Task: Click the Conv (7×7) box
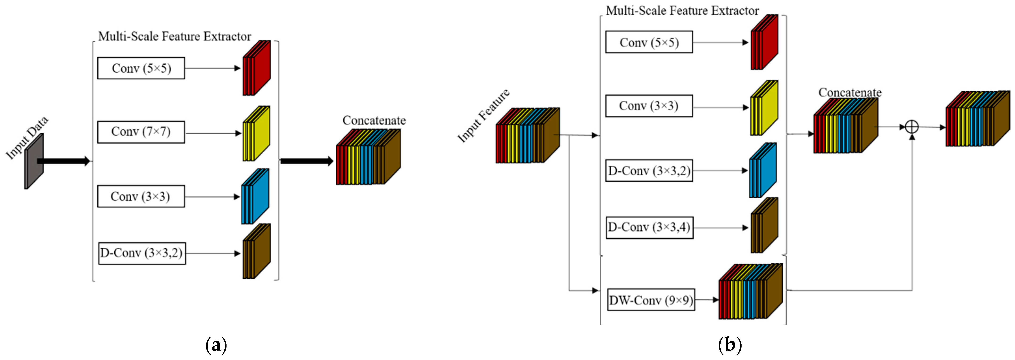click(x=141, y=132)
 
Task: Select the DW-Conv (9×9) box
click(x=651, y=300)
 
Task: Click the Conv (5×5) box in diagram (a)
click(x=141, y=68)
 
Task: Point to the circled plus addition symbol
click(x=912, y=127)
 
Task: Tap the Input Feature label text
click(x=483, y=116)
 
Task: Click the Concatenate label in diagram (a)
click(x=374, y=121)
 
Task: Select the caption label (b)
click(x=730, y=345)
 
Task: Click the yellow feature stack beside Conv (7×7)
click(x=256, y=134)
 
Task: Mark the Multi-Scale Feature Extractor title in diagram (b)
click(x=682, y=11)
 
